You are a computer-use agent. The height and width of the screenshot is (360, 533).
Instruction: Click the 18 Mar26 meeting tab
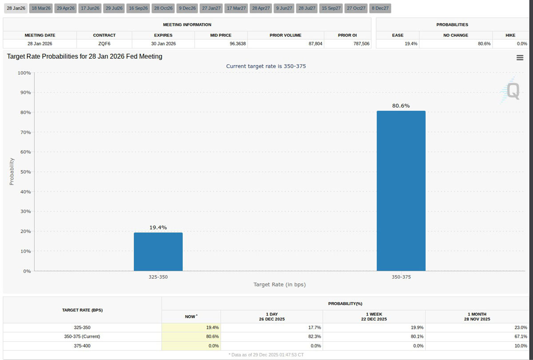[41, 8]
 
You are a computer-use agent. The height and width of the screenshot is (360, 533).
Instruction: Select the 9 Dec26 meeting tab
[187, 8]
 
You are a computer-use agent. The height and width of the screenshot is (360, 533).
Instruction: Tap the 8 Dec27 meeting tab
[380, 8]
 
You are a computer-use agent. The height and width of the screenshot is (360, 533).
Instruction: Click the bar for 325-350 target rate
[158, 252]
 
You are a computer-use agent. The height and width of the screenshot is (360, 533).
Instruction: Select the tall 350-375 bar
[401, 191]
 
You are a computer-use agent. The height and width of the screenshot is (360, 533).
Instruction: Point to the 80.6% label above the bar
[401, 106]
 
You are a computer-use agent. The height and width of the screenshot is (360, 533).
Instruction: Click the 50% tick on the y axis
[26, 172]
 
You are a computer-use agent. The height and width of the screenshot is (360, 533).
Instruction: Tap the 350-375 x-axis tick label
[401, 277]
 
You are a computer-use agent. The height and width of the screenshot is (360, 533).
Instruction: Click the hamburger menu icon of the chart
[520, 58]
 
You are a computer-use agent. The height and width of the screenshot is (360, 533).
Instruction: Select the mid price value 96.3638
[238, 44]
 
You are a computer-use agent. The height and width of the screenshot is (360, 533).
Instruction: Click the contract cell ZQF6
[104, 44]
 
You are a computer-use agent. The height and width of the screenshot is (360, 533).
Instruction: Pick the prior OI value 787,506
[361, 44]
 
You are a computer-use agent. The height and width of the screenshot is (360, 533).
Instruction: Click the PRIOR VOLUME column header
[285, 35]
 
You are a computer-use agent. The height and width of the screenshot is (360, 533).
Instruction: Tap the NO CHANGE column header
[456, 35]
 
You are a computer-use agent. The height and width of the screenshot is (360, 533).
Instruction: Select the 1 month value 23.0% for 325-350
[521, 328]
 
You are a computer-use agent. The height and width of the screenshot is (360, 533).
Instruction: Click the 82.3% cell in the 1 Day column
[314, 337]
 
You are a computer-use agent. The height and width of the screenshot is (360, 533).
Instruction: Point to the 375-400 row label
[82, 346]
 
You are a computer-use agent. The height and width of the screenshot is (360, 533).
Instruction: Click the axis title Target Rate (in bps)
[279, 284]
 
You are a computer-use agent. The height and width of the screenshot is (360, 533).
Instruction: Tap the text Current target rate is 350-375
[266, 66]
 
